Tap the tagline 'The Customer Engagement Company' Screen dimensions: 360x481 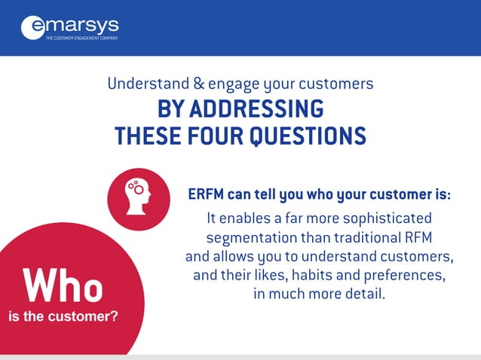(x=81, y=37)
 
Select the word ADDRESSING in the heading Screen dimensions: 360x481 (x=256, y=109)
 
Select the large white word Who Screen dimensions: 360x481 (x=63, y=286)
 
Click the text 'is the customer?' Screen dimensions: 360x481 (x=63, y=316)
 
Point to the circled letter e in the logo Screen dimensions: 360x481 (x=33, y=28)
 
